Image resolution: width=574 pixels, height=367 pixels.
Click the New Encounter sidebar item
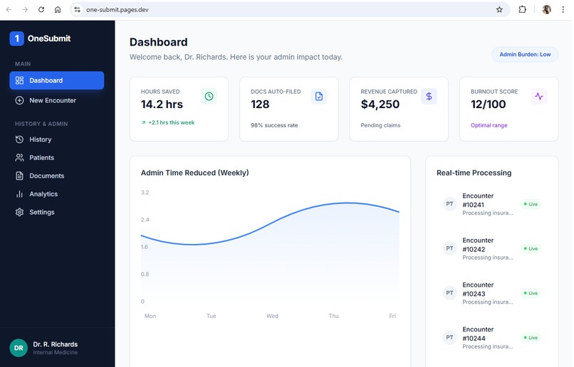[x=52, y=100]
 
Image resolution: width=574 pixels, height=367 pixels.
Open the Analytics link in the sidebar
[x=43, y=194]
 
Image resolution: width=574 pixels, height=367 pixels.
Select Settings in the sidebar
[x=41, y=212]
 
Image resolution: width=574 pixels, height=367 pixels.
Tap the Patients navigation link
[x=41, y=158]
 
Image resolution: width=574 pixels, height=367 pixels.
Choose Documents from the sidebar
[x=46, y=176]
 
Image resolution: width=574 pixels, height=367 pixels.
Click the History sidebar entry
[x=40, y=139]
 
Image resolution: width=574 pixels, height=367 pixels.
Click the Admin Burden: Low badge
[x=525, y=54]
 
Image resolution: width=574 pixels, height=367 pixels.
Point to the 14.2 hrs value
[x=162, y=105]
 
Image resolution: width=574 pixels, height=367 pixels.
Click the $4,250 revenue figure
[x=380, y=105]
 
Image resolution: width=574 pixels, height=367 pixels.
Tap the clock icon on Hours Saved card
[x=209, y=97]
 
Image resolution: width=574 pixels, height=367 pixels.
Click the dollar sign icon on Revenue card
[x=429, y=97]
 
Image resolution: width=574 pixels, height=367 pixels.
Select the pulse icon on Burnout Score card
[x=539, y=97]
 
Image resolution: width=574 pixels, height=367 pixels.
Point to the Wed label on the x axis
[x=272, y=316]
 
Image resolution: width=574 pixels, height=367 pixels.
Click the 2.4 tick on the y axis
[x=145, y=220]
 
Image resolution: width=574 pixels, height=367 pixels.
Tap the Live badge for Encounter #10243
[x=531, y=293]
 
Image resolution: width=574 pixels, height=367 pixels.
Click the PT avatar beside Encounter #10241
[x=449, y=204]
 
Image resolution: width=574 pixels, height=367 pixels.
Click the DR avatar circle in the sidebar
[x=19, y=347]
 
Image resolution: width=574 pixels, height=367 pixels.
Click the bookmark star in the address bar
[x=499, y=10]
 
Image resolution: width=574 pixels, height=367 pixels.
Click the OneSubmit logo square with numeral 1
[x=16, y=38]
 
